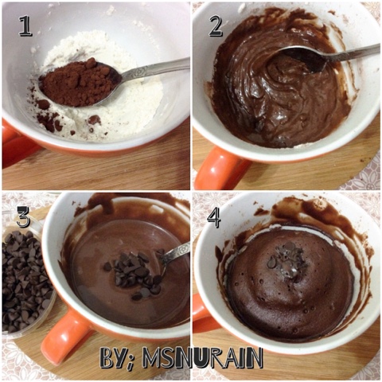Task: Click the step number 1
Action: (25, 25)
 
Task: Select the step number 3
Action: (24, 217)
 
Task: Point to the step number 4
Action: (214, 217)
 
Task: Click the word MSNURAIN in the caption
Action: (203, 357)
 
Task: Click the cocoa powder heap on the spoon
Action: (78, 83)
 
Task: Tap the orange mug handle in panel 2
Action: (220, 168)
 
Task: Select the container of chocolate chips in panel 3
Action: (26, 281)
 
